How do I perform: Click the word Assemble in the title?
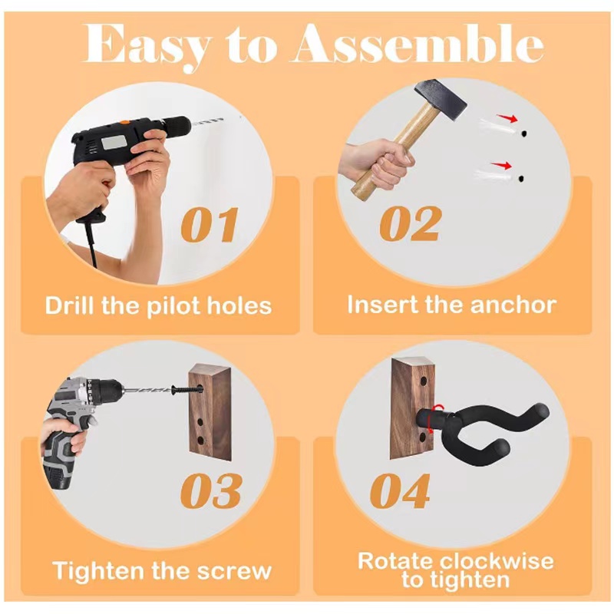(x=417, y=43)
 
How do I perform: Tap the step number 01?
(x=210, y=225)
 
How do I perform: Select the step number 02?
(x=411, y=223)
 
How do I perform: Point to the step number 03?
(x=211, y=490)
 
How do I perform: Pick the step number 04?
(x=400, y=490)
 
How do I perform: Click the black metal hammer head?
(x=441, y=99)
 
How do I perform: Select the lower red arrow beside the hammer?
(x=502, y=165)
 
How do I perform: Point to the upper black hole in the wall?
(x=523, y=134)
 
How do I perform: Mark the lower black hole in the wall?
(x=521, y=179)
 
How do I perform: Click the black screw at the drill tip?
(x=187, y=390)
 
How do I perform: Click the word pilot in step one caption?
(x=174, y=306)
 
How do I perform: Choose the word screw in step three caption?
(x=234, y=571)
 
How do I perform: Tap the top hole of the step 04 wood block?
(x=424, y=381)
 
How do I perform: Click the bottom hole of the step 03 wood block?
(x=200, y=440)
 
